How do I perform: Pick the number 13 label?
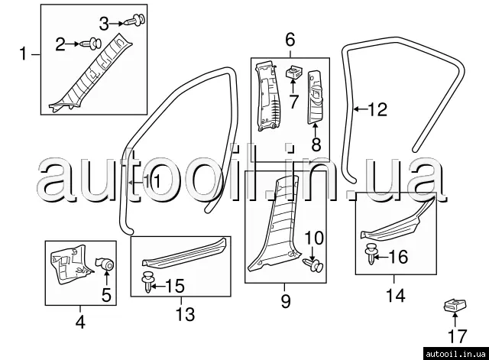tap(186, 313)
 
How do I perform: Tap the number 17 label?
tap(456, 335)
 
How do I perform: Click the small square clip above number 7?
tap(292, 74)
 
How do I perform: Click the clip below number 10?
tap(313, 264)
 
